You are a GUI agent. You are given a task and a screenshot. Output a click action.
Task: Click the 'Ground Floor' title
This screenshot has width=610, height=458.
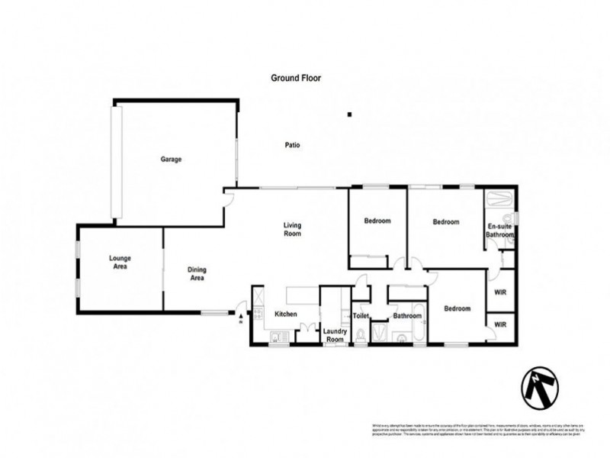[x=297, y=78]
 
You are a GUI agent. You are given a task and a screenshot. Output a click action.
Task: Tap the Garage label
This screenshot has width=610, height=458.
[x=170, y=160]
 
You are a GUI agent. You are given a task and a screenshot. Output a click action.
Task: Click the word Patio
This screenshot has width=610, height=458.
[x=291, y=145]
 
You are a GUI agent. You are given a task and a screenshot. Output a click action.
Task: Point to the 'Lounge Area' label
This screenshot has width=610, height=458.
[x=118, y=263]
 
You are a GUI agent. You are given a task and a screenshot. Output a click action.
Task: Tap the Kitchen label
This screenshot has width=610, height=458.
[x=285, y=314]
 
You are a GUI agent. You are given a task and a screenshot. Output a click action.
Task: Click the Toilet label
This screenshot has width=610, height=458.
[x=361, y=314]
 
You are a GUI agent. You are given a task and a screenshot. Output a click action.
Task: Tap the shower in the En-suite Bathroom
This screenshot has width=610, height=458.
[x=501, y=201]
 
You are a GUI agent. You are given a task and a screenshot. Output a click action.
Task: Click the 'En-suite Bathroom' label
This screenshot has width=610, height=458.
[x=500, y=231]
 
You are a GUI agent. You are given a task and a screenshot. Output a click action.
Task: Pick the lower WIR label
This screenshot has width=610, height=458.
[x=500, y=324]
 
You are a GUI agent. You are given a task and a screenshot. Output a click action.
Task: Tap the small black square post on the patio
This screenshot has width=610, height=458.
[x=349, y=114]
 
